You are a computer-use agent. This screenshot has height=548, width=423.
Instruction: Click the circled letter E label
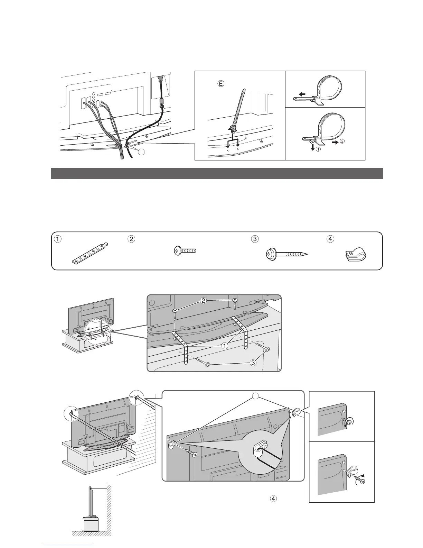221,83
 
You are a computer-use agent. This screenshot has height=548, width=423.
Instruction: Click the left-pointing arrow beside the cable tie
302,94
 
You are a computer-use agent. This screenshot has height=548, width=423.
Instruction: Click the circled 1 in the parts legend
59,239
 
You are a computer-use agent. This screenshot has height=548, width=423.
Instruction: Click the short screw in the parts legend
184,251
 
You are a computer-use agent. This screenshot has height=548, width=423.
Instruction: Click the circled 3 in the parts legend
255,239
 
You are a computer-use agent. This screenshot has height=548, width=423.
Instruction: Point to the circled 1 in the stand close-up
225,345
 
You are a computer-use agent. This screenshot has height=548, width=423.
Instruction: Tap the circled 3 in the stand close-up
254,363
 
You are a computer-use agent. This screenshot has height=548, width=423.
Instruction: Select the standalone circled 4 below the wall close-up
273,499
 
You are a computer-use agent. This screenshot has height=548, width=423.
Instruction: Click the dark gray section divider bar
217,173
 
